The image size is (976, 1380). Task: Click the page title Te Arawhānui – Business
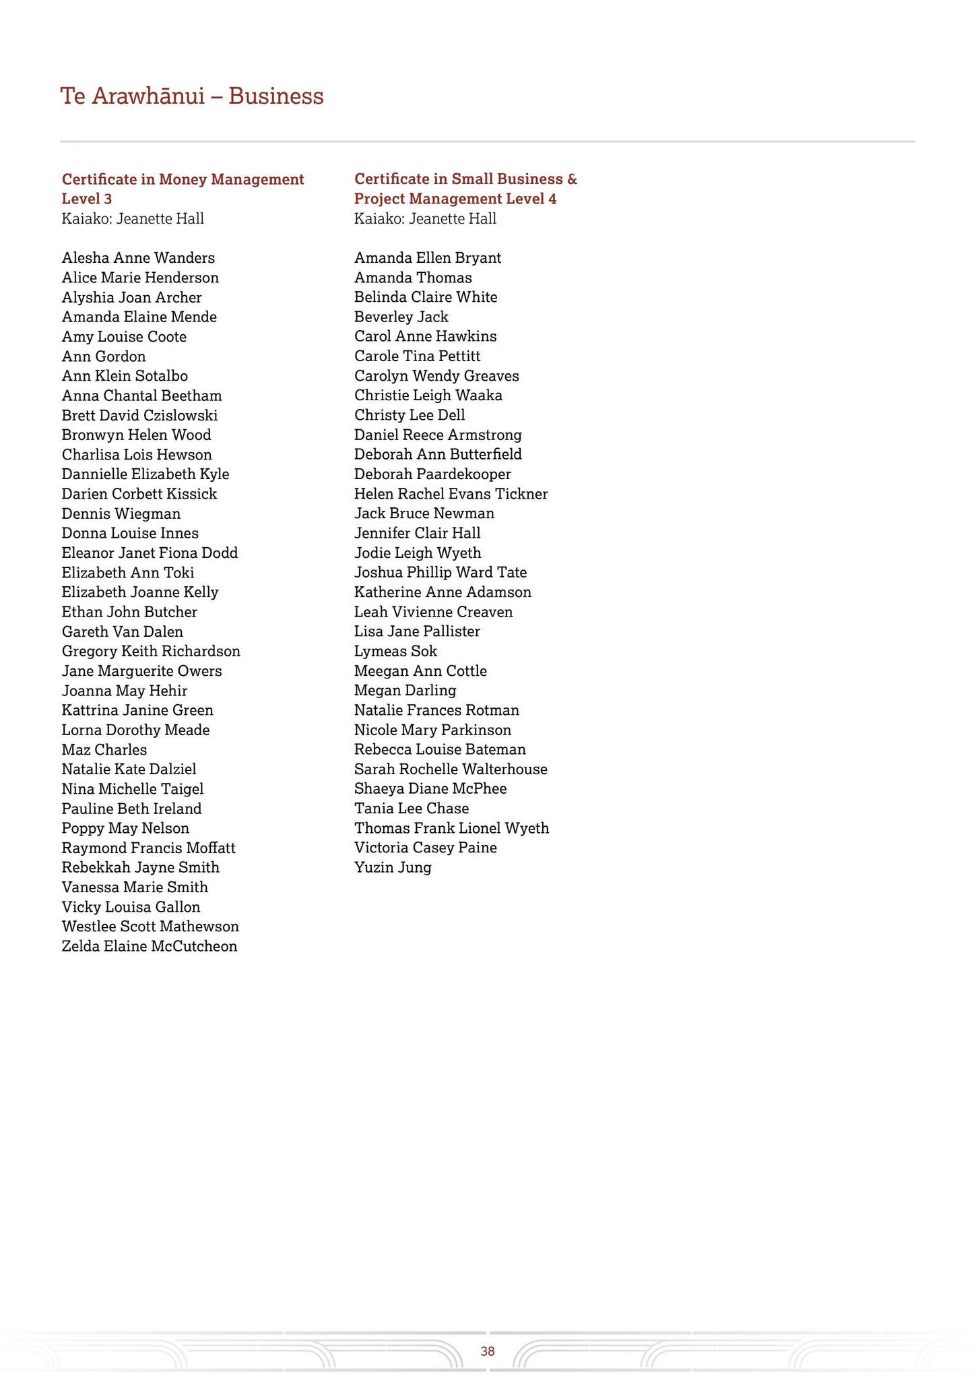point(192,96)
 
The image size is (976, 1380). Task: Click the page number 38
point(488,1350)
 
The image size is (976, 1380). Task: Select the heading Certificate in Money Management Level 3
point(183,189)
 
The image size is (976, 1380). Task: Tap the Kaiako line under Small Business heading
point(425,218)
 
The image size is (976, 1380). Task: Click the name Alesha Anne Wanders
point(138,258)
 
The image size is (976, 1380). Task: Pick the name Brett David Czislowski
point(139,415)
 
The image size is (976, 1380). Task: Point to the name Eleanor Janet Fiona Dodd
point(150,553)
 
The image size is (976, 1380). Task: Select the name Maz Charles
point(104,749)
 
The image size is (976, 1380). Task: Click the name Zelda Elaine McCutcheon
point(150,946)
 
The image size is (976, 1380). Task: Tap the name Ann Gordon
point(104,356)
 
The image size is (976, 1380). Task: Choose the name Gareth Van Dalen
point(122,631)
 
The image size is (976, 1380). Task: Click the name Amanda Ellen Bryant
point(428,258)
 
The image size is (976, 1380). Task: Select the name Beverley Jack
point(401,317)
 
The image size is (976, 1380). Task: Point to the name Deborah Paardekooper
point(432,474)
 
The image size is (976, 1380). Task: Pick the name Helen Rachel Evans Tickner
point(451,494)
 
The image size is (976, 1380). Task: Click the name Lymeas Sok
point(395,651)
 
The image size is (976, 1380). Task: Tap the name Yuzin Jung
point(393,867)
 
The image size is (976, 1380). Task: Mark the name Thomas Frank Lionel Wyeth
point(451,828)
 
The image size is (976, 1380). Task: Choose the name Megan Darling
point(405,691)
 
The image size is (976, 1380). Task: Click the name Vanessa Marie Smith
point(135,887)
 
